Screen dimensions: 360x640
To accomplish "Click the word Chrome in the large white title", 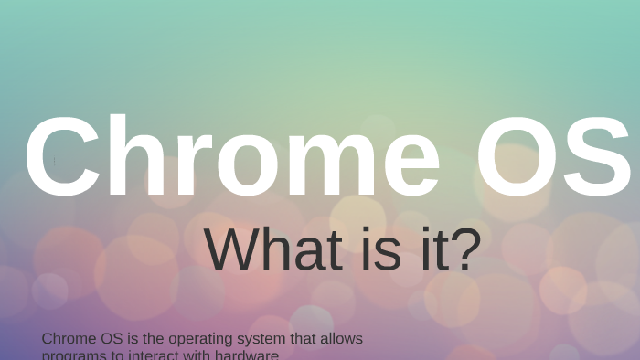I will click(x=232, y=157).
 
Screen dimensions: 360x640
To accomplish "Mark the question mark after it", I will click(x=466, y=249).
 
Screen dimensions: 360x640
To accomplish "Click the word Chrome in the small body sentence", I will click(x=69, y=339).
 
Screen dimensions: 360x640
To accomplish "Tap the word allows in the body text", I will click(x=340, y=339).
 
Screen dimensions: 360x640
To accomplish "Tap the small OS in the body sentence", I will click(x=111, y=339).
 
